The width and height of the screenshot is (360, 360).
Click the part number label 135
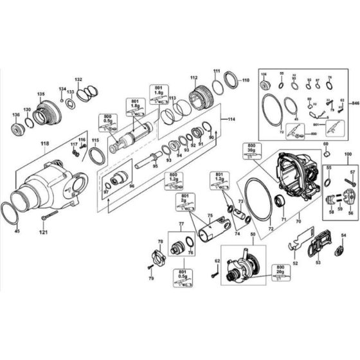(x=40, y=94)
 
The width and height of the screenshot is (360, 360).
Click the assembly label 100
(x=348, y=156)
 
